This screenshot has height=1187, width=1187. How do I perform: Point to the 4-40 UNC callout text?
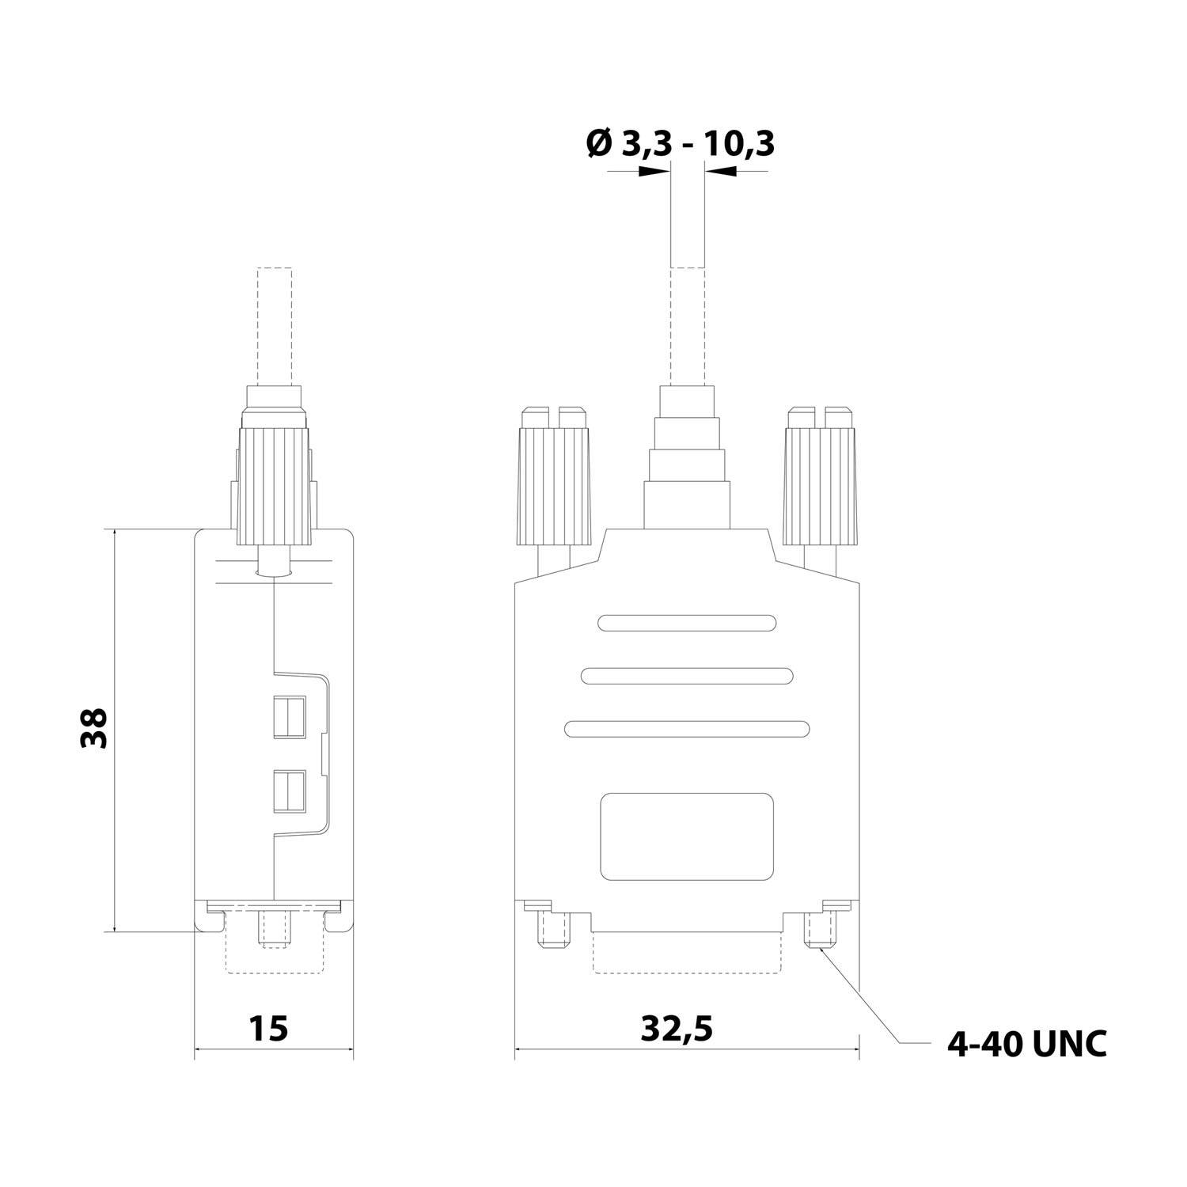[1026, 1044]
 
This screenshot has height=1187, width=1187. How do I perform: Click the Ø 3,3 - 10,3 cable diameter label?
[680, 145]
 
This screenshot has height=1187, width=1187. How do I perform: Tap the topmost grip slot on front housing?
[686, 623]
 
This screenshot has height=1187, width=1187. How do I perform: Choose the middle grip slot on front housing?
[686, 676]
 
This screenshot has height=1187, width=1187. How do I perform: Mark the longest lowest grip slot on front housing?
[686, 729]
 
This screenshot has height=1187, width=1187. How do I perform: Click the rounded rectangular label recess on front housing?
[686, 836]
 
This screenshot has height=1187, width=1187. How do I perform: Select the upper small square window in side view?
[290, 716]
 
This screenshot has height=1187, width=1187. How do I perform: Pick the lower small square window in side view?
[290, 792]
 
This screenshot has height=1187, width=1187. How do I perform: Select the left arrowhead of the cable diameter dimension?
[654, 173]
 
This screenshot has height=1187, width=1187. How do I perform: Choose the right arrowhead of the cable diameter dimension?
[719, 173]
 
